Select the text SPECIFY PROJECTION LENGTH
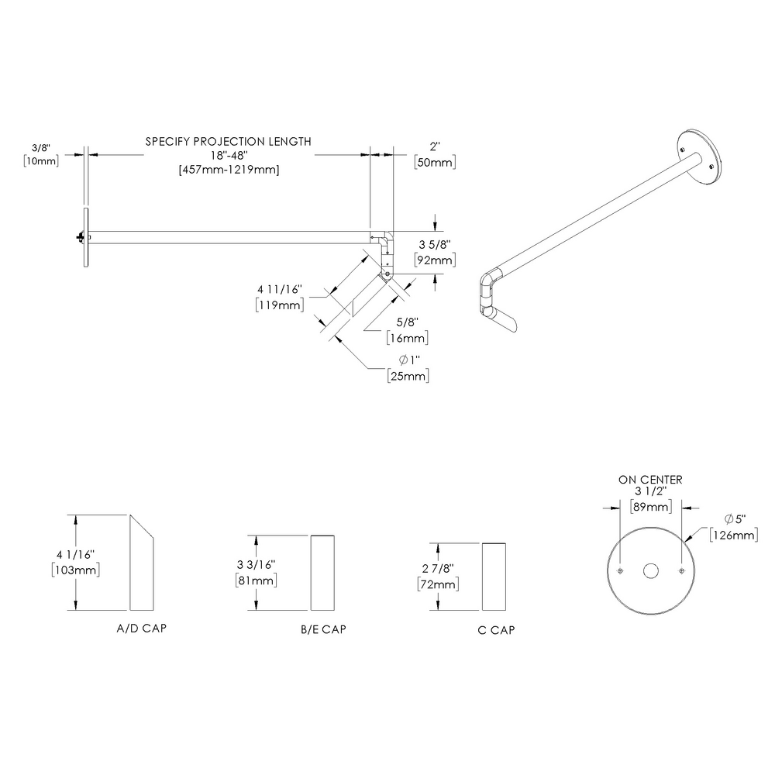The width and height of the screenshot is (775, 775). pyautogui.click(x=229, y=141)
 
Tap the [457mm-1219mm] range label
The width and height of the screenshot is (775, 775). pyautogui.click(x=229, y=170)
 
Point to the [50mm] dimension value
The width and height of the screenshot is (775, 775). pyautogui.click(x=434, y=162)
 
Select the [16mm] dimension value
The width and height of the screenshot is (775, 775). pyautogui.click(x=408, y=338)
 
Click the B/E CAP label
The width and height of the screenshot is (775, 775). pyautogui.click(x=323, y=629)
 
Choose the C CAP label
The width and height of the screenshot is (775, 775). pyautogui.click(x=496, y=629)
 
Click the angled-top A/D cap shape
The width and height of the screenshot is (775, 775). pyautogui.click(x=142, y=566)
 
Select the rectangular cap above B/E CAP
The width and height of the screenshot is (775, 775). pyautogui.click(x=323, y=572)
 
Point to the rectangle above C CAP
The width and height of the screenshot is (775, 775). pyautogui.click(x=495, y=577)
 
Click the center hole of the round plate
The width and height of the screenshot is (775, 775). pyautogui.click(x=650, y=571)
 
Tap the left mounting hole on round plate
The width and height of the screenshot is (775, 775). pyautogui.click(x=621, y=571)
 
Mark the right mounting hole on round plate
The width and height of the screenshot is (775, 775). pyautogui.click(x=680, y=571)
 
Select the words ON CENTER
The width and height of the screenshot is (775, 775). pyautogui.click(x=650, y=480)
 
